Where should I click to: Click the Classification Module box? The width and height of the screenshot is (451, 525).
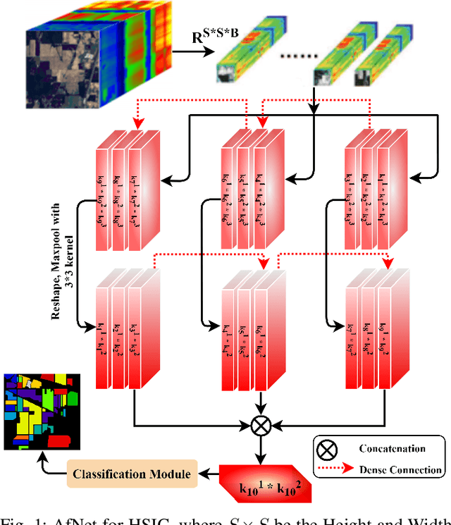[x=132, y=474]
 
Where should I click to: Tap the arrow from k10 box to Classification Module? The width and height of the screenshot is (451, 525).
[x=211, y=474]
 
